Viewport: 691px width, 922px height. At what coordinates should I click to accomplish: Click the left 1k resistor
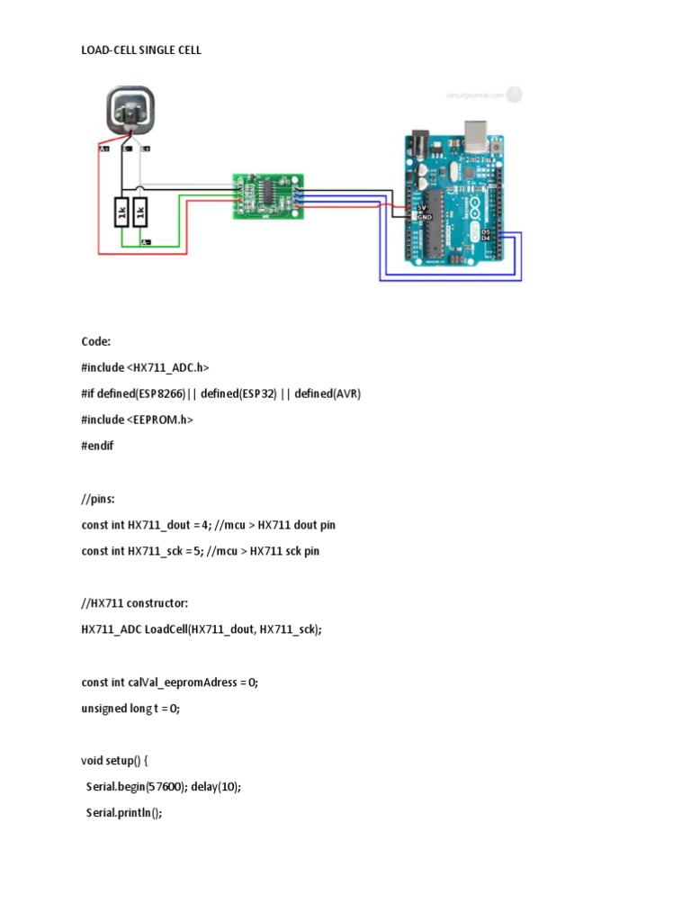coord(120,213)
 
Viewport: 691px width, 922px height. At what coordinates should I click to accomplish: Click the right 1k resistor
coord(139,213)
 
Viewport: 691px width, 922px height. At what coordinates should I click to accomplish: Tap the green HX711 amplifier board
coord(267,195)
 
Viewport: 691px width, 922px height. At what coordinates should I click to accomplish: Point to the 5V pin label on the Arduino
coord(420,208)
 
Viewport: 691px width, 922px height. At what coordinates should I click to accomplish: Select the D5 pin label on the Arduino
coord(487,231)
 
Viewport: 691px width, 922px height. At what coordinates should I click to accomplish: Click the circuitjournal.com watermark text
coord(473,95)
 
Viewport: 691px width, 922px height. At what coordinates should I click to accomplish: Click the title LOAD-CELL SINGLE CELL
coord(141,50)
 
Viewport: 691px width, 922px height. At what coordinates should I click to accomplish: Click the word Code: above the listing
coord(95,341)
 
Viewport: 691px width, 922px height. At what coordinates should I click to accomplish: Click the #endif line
coord(97,446)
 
